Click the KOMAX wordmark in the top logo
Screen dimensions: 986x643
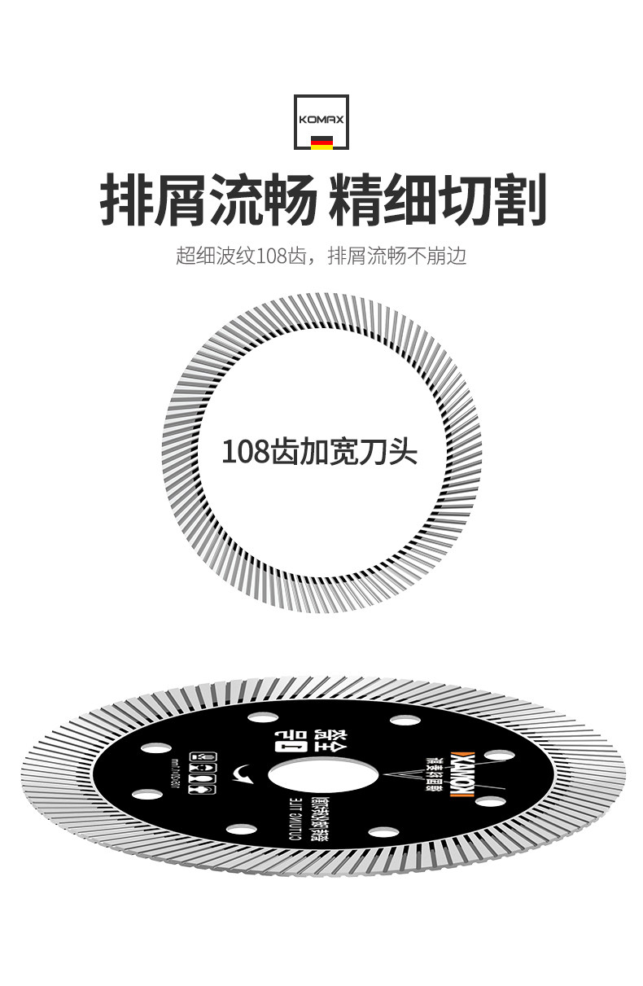tap(321, 119)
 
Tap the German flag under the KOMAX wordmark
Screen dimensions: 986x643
tap(321, 143)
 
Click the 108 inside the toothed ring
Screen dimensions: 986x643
tap(245, 451)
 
